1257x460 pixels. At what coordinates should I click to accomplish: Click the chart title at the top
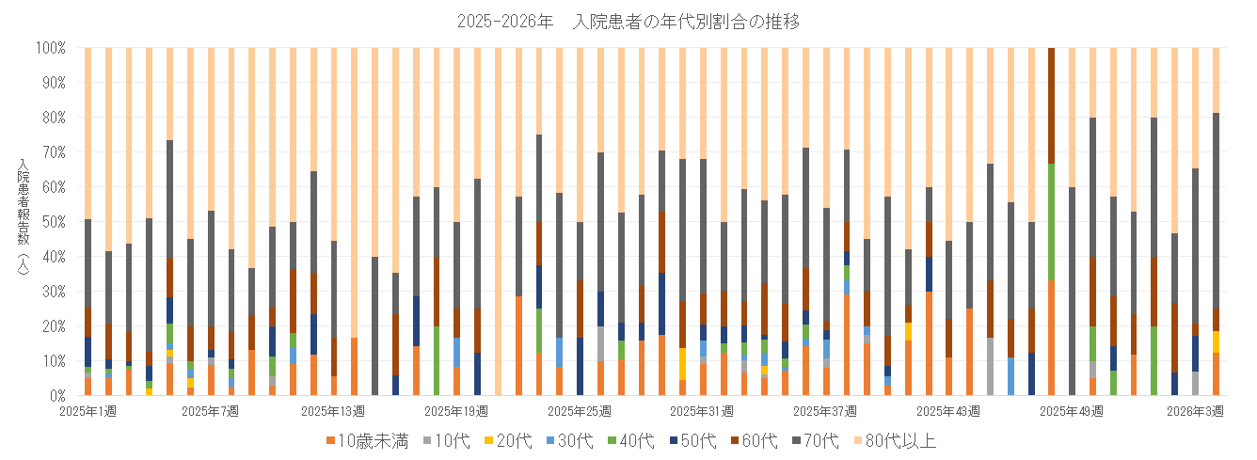pos(628,22)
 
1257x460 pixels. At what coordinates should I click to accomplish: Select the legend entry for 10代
pos(448,440)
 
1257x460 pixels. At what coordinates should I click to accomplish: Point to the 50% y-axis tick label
pos(53,222)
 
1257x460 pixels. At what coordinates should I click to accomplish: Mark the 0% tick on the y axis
pos(56,396)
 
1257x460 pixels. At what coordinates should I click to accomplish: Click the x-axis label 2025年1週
pos(88,411)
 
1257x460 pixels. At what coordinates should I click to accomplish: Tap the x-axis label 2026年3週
pos(1195,411)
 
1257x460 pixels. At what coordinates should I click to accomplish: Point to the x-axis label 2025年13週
pos(333,411)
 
